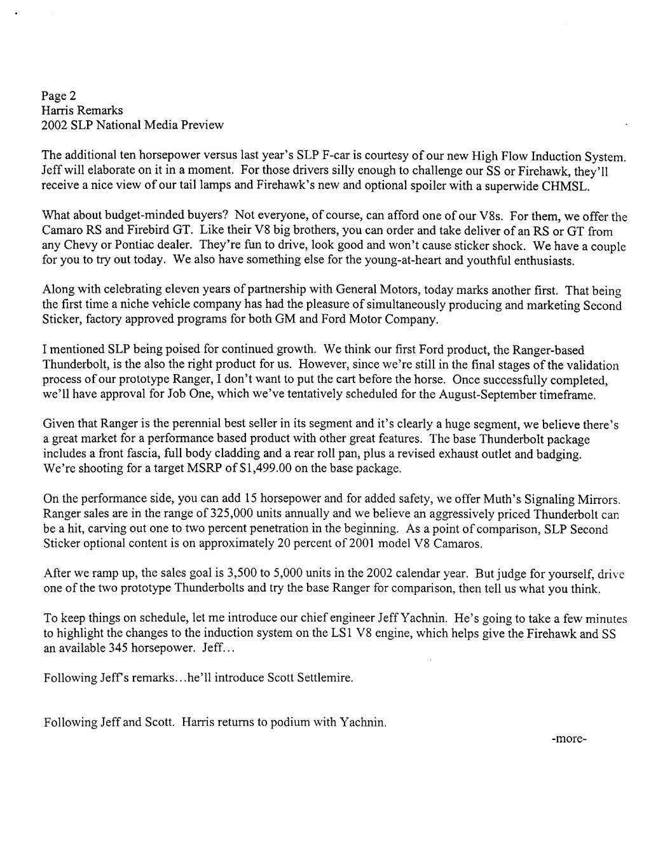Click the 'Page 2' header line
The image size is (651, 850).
58,96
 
